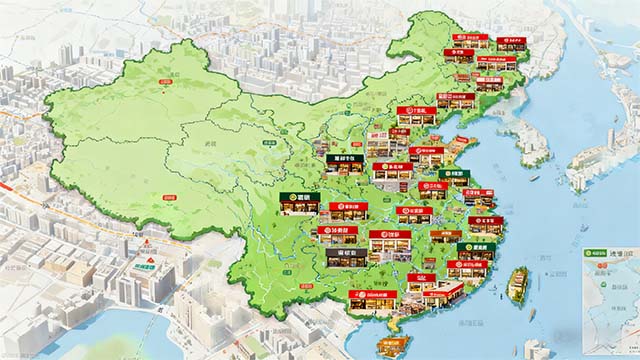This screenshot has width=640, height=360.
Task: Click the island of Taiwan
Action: click(x=517, y=285)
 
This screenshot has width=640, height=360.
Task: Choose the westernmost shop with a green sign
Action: click(x=299, y=203)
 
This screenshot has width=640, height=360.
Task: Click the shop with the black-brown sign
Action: click(x=345, y=257)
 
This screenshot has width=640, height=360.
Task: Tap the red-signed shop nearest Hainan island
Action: click(x=372, y=300)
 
